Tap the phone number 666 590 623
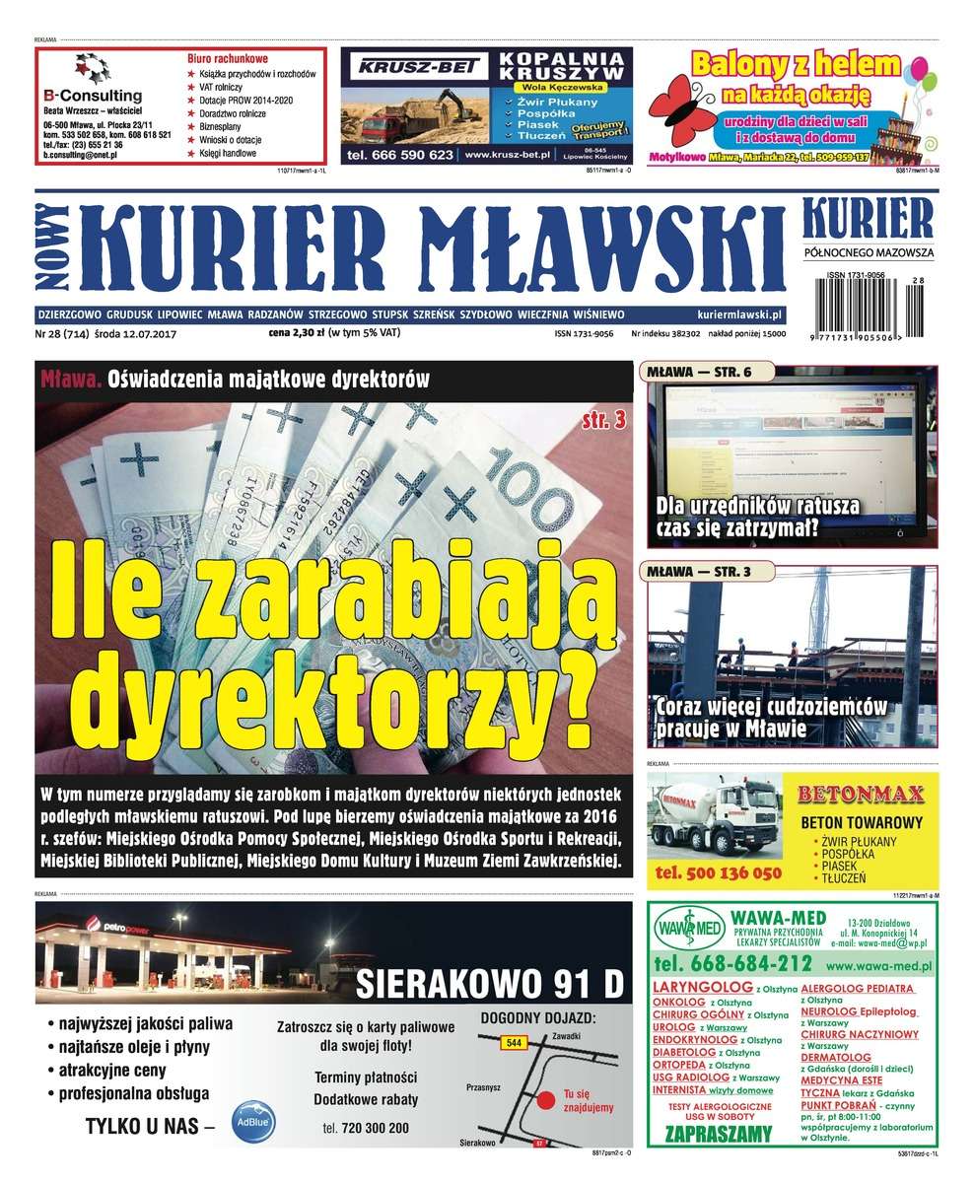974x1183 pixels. pos(402,155)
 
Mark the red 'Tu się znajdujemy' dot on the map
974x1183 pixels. pos(542,1099)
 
